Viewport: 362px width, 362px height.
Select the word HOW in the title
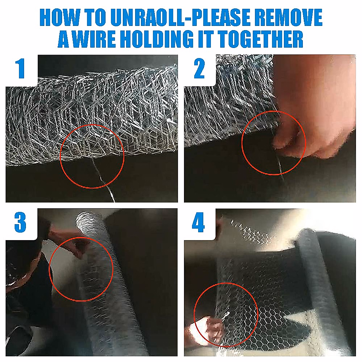pos(60,17)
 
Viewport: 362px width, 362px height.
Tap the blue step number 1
pos(20,68)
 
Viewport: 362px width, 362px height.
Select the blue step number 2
pos(199,68)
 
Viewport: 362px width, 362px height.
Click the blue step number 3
pos(20,222)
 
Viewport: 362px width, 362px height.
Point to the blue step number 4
pos(198,222)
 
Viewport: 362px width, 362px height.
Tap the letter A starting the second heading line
pos(64,39)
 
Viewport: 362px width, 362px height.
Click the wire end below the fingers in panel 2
pos(280,167)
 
